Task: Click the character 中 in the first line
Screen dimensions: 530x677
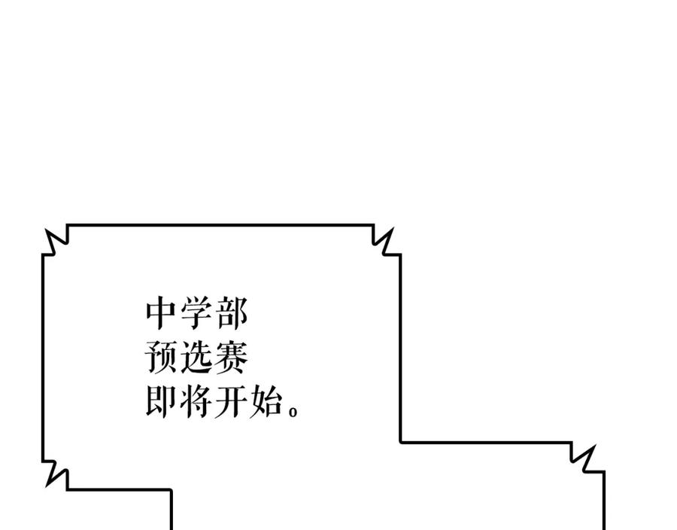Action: [x=162, y=314]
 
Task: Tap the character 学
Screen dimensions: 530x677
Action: [x=196, y=314]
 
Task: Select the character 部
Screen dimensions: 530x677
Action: [x=231, y=314]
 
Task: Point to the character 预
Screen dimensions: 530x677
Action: [x=162, y=358]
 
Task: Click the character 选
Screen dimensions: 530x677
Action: [x=196, y=358]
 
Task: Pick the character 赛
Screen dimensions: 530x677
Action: [x=231, y=358]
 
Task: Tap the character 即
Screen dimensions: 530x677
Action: [x=162, y=403]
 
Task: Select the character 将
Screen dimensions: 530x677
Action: [x=196, y=403]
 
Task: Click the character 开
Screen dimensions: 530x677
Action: [x=231, y=403]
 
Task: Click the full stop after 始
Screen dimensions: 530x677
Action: [x=293, y=412]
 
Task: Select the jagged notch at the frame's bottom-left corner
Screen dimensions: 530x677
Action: [x=54, y=474]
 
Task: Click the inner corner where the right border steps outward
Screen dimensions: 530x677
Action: [x=400, y=442]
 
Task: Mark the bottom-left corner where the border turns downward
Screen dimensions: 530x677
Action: [x=171, y=490]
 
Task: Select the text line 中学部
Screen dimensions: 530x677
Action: [x=196, y=314]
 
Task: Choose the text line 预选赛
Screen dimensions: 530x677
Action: [x=196, y=358]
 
